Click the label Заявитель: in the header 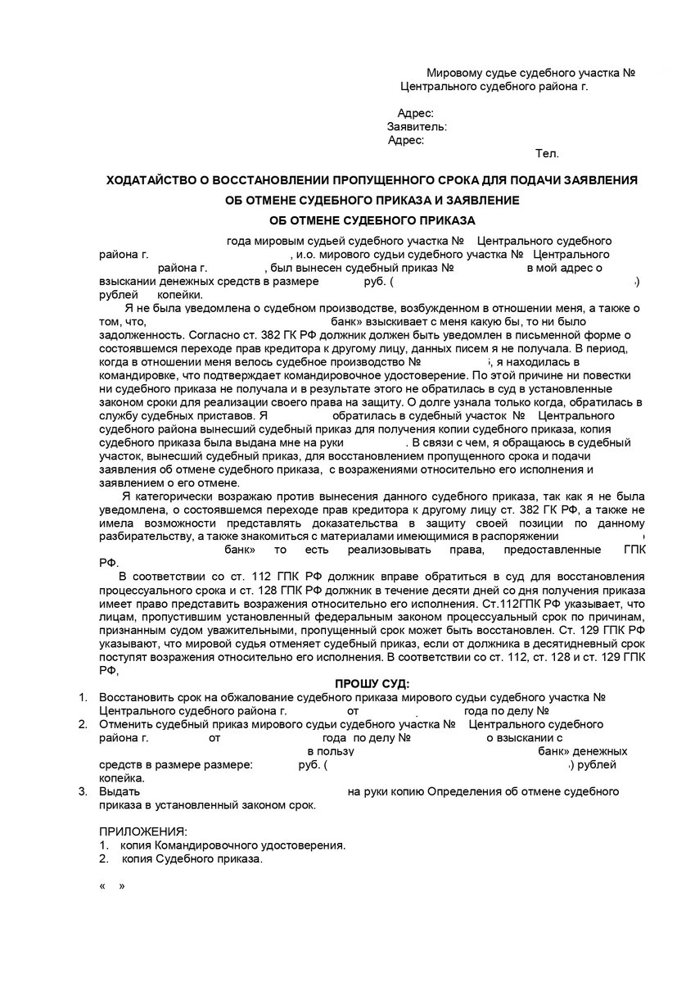coord(417,127)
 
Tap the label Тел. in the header coord(547,153)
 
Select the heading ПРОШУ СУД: coord(372,684)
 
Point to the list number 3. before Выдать coord(82,791)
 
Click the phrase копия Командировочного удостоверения coord(233,845)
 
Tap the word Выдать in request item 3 coord(120,791)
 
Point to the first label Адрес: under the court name coord(415,114)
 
